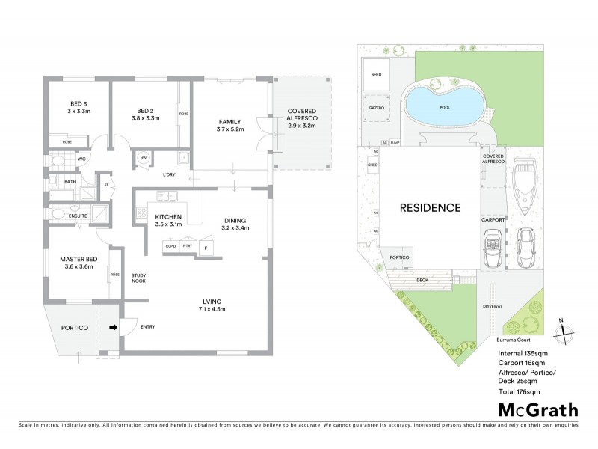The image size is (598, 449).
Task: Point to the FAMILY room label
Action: coord(229,121)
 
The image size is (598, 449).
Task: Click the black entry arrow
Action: coord(114,327)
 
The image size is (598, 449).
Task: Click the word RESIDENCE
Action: coord(428,207)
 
